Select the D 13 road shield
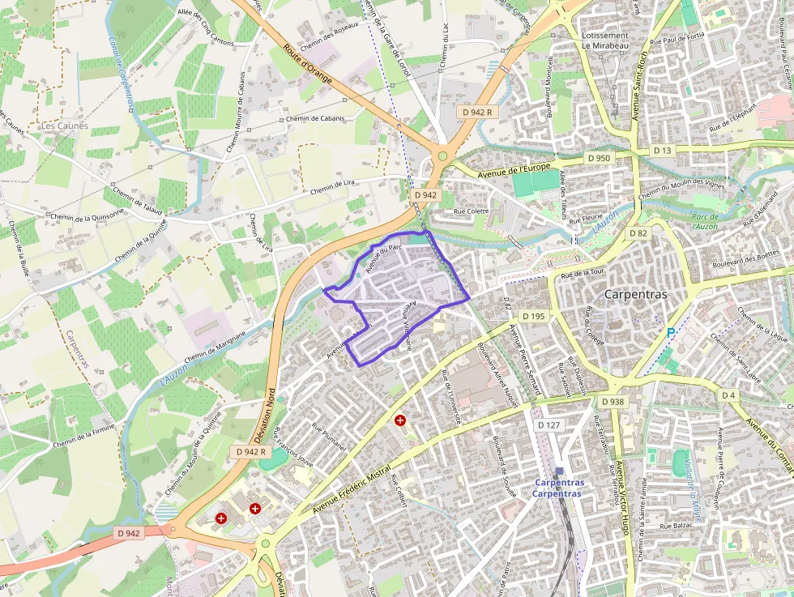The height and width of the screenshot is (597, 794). pyautogui.click(x=663, y=151)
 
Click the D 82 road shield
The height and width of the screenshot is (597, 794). pyautogui.click(x=638, y=233)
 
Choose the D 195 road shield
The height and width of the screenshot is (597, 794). pyautogui.click(x=534, y=316)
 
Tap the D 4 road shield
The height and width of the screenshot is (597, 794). pyautogui.click(x=728, y=395)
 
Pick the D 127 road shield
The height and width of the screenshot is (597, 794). pyautogui.click(x=549, y=425)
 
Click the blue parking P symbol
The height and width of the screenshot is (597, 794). pyautogui.click(x=670, y=332)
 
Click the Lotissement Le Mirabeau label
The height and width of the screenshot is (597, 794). pyautogui.click(x=605, y=41)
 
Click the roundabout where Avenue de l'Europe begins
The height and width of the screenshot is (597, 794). pyautogui.click(x=442, y=156)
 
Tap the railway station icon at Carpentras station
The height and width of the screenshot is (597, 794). pyautogui.click(x=559, y=471)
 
